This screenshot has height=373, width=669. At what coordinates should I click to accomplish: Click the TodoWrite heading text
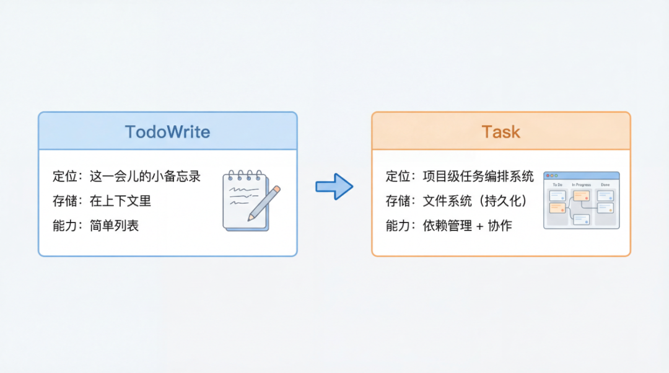[167, 132]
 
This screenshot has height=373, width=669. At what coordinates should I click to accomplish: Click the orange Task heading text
[501, 132]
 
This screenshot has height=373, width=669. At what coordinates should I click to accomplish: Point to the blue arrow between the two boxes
[334, 186]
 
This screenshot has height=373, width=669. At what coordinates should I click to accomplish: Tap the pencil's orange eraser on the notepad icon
[276, 190]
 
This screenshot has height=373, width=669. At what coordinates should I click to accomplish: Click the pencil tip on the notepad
[251, 218]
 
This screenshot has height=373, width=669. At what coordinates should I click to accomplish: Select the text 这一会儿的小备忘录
[145, 176]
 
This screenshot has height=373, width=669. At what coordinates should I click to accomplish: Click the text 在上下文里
[120, 201]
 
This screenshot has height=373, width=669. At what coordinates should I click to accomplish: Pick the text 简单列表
[114, 226]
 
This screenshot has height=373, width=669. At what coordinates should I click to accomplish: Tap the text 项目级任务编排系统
[478, 176]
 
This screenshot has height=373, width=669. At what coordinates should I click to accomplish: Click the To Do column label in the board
[557, 185]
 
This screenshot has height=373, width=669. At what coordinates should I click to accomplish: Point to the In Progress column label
[581, 185]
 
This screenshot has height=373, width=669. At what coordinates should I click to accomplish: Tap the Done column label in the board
[605, 185]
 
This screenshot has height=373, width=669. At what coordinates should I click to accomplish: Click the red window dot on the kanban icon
[548, 176]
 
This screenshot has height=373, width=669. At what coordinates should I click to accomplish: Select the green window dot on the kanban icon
[556, 176]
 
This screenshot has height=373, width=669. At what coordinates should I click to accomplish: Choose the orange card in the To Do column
[557, 208]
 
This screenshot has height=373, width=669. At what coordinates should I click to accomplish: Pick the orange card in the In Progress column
[581, 196]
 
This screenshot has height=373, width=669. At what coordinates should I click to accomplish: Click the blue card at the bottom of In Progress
[581, 219]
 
